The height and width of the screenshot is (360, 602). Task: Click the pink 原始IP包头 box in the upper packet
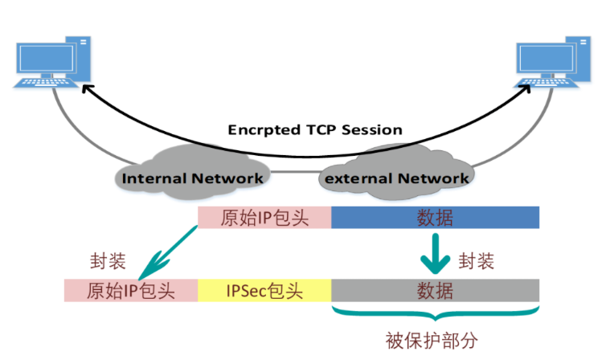coord(264,218)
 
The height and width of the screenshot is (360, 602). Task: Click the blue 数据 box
coord(435,218)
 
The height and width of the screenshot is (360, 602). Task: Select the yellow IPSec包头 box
coord(264,290)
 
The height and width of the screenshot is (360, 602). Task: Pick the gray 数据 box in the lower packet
coord(435,290)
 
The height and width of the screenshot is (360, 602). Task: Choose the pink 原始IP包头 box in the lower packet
coord(131,290)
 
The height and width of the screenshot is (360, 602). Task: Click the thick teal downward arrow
coord(435,252)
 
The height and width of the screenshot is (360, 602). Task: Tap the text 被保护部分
coord(435,337)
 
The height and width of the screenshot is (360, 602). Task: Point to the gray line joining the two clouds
coord(293,173)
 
